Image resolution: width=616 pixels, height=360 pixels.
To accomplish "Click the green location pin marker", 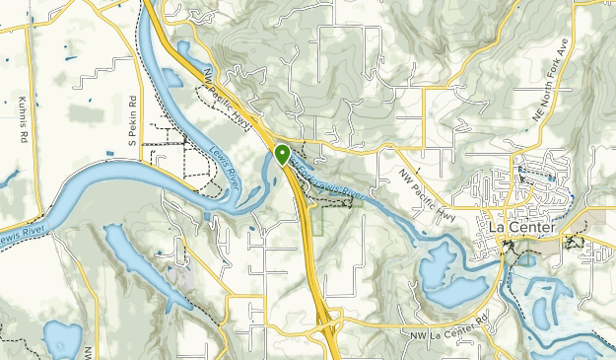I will pyautogui.click(x=283, y=155).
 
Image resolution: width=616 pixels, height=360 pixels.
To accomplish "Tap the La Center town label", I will pyautogui.click(x=522, y=228).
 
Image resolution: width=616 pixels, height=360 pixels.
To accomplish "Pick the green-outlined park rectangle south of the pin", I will pyautogui.click(x=315, y=219).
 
